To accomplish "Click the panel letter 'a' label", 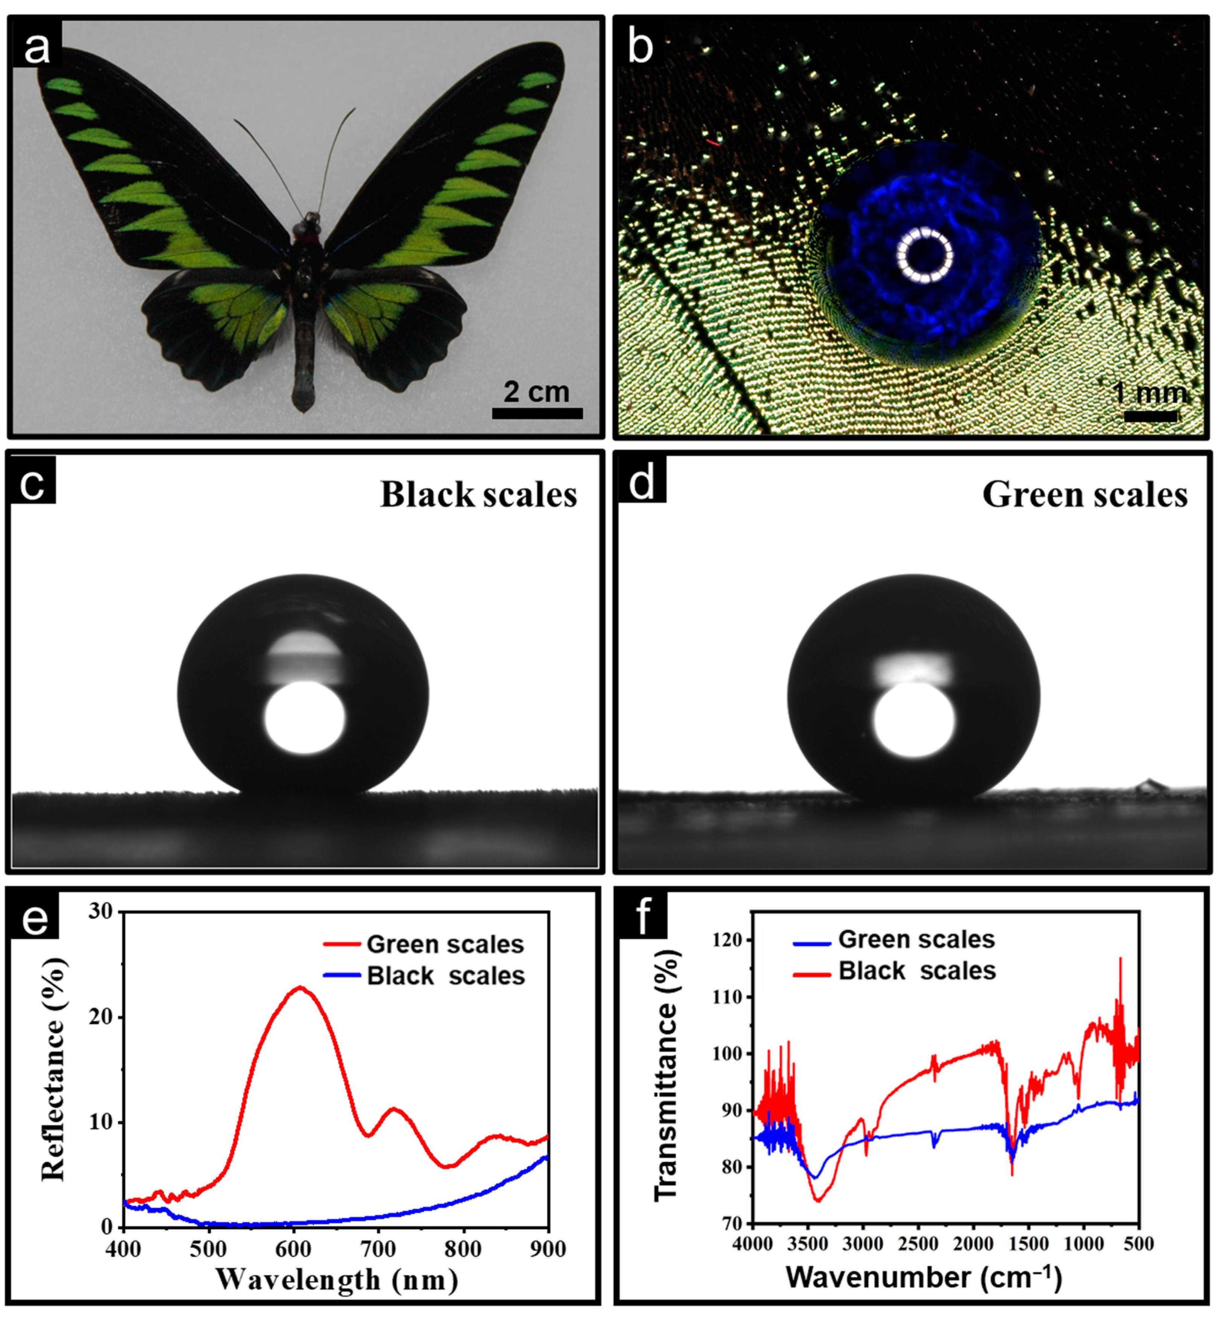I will point(36,47).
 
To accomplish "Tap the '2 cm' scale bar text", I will point(536,392).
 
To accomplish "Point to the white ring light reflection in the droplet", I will point(925,255).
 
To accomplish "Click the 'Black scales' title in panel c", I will point(478,495).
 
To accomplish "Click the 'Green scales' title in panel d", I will point(1084,495).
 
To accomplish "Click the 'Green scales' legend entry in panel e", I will point(444,944).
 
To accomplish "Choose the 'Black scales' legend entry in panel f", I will point(916,971).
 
